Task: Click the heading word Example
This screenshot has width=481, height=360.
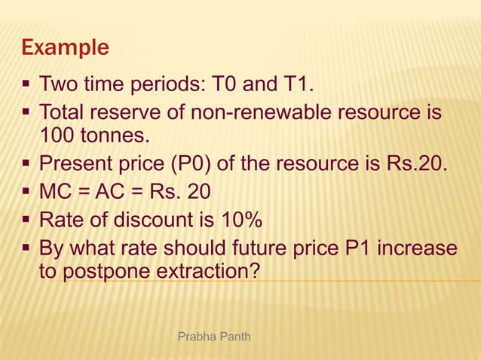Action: point(66,48)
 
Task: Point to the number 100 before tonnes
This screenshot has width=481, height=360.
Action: point(55,136)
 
